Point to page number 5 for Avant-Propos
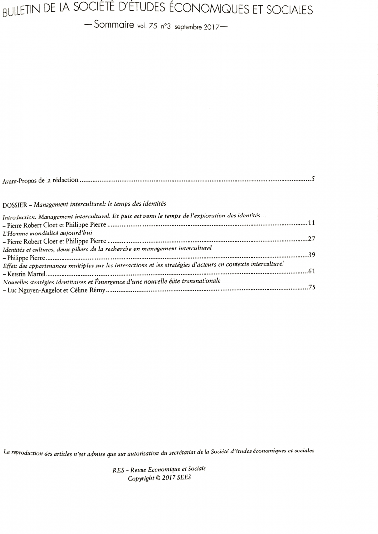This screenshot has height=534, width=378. point(313,179)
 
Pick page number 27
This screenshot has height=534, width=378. point(311,239)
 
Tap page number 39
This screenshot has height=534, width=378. point(312,255)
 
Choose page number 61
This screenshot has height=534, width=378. point(312,271)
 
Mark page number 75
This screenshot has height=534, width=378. point(312,287)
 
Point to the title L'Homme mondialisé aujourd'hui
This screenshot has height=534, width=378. point(47,233)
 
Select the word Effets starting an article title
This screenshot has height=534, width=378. point(11,265)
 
